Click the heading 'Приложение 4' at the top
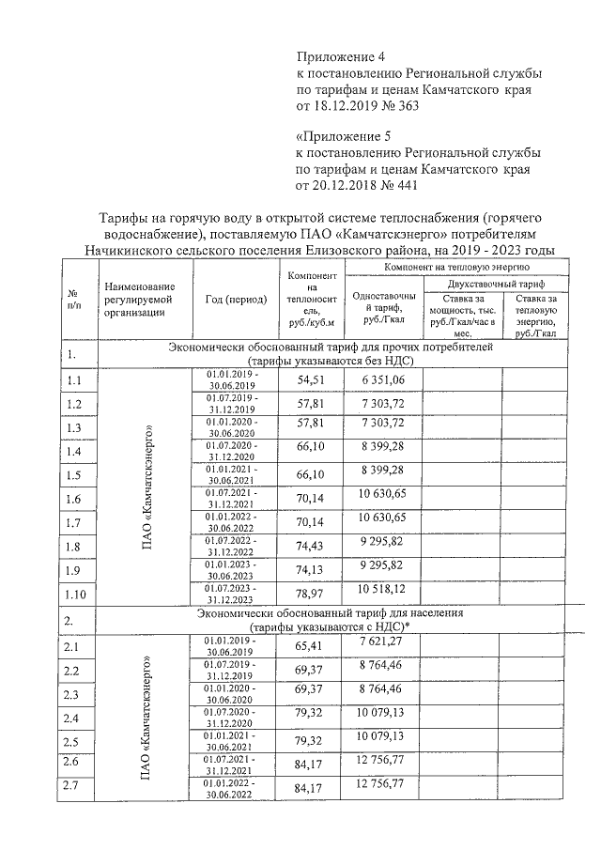point(341,55)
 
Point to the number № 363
point(393,106)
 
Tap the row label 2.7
point(73,784)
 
